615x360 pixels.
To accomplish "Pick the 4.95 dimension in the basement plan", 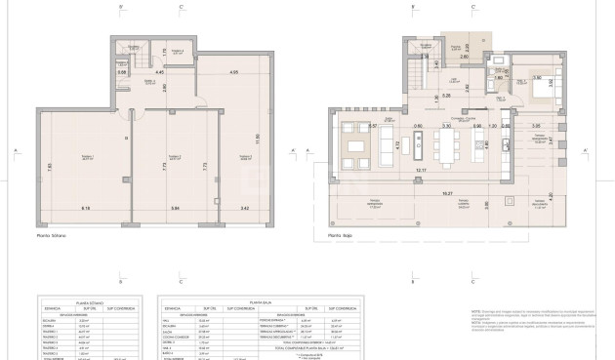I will [233, 71].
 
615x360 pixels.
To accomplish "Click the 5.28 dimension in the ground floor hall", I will [444, 97].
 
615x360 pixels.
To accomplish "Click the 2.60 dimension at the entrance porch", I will [465, 59].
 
